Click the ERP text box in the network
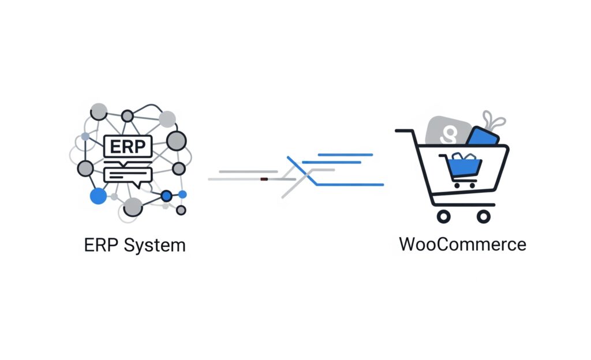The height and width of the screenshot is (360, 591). click(128, 146)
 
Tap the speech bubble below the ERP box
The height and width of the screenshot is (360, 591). click(127, 175)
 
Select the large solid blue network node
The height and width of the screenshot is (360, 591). click(99, 196)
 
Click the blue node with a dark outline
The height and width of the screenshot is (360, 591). click(167, 196)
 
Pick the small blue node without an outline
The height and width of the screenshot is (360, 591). click(182, 194)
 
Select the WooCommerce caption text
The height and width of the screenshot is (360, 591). click(462, 243)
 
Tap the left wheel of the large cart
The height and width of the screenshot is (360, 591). click(443, 216)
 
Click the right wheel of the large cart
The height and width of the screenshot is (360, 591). click(484, 216)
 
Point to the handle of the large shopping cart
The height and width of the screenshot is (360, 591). click(404, 132)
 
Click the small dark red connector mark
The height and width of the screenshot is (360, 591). click(264, 179)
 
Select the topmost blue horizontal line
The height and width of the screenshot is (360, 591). click(345, 155)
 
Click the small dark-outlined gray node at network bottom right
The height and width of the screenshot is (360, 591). click(181, 209)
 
